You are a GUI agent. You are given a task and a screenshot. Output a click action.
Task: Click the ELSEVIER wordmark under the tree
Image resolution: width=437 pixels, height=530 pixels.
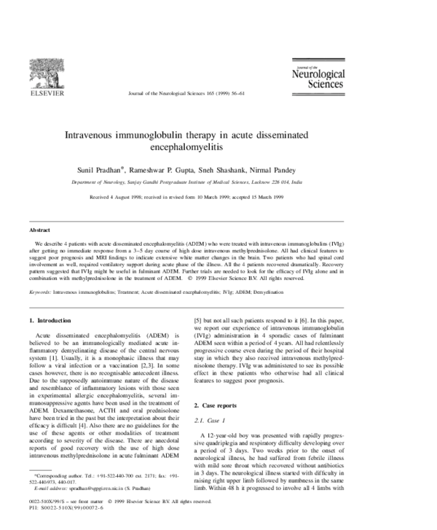point(42,93)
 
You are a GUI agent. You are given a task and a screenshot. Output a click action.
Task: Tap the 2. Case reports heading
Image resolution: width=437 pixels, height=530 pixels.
point(221,404)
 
